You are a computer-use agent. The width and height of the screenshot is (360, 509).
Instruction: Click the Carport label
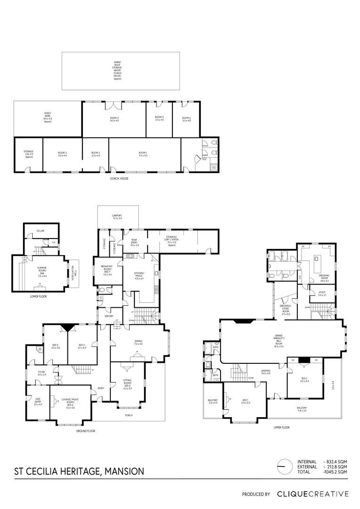coord(117,217)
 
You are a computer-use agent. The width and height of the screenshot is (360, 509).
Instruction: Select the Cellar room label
coord(41,231)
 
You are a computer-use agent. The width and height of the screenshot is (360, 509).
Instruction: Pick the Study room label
coord(322,294)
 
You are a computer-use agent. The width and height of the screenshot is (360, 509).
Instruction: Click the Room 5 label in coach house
coord(159,118)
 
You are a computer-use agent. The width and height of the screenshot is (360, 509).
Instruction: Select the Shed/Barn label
coord(48,117)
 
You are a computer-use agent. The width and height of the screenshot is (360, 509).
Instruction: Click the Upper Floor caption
coord(281,427)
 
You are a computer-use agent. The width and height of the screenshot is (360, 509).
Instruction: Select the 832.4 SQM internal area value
coord(336,461)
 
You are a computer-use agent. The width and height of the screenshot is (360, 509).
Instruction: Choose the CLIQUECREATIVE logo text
coord(312,494)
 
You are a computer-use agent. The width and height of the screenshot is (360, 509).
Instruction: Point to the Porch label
coord(129,415)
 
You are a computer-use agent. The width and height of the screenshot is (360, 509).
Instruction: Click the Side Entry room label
coord(38,403)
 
